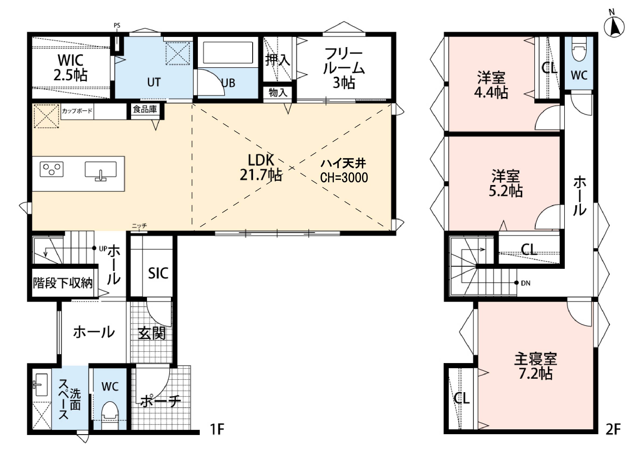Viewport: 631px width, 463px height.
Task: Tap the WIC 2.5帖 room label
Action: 71,68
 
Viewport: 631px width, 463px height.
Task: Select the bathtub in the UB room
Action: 228,53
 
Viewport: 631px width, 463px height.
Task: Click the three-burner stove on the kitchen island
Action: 51,169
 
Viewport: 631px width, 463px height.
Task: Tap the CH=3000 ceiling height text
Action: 344,178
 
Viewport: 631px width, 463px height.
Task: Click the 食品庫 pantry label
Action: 145,109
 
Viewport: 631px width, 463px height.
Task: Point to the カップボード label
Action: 77,111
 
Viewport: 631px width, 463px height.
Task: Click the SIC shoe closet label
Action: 158,273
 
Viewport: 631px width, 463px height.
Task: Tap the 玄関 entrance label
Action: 152,333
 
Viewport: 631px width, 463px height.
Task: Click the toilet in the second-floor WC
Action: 579,49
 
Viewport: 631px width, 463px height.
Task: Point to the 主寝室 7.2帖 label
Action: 535,366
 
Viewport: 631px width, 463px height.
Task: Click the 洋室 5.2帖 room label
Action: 506,183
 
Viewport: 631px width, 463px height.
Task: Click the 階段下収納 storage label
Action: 63,283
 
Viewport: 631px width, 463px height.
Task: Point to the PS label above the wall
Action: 117,26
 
